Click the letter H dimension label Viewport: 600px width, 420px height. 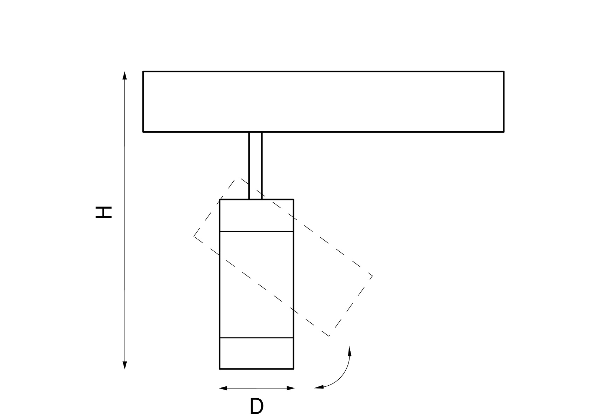pos(104,212)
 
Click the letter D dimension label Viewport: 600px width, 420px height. pos(256,406)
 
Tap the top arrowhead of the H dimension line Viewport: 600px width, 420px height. pos(125,76)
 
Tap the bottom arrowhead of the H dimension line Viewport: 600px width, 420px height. pos(125,365)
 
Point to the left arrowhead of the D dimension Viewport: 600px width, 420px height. pos(224,388)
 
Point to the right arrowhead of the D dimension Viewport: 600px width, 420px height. pos(291,388)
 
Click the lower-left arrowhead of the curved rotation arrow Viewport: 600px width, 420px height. pos(319,387)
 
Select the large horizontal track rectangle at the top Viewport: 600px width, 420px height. pos(323,101)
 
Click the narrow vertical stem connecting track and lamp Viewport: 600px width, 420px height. pos(255,166)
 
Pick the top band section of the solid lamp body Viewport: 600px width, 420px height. pos(256,215)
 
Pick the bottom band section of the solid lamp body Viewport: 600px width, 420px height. pos(256,353)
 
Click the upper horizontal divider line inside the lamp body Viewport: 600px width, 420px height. pos(256,231)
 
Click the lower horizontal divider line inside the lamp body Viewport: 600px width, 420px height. pos(256,338)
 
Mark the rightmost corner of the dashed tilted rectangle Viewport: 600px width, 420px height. pos(373,276)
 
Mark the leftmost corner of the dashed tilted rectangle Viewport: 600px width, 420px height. pos(194,236)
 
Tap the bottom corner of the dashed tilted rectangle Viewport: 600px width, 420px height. pos(329,336)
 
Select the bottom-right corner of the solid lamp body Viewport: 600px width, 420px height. pos(294,369)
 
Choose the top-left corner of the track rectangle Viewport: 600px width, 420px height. pos(143,71)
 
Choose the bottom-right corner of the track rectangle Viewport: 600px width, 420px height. pos(504,132)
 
